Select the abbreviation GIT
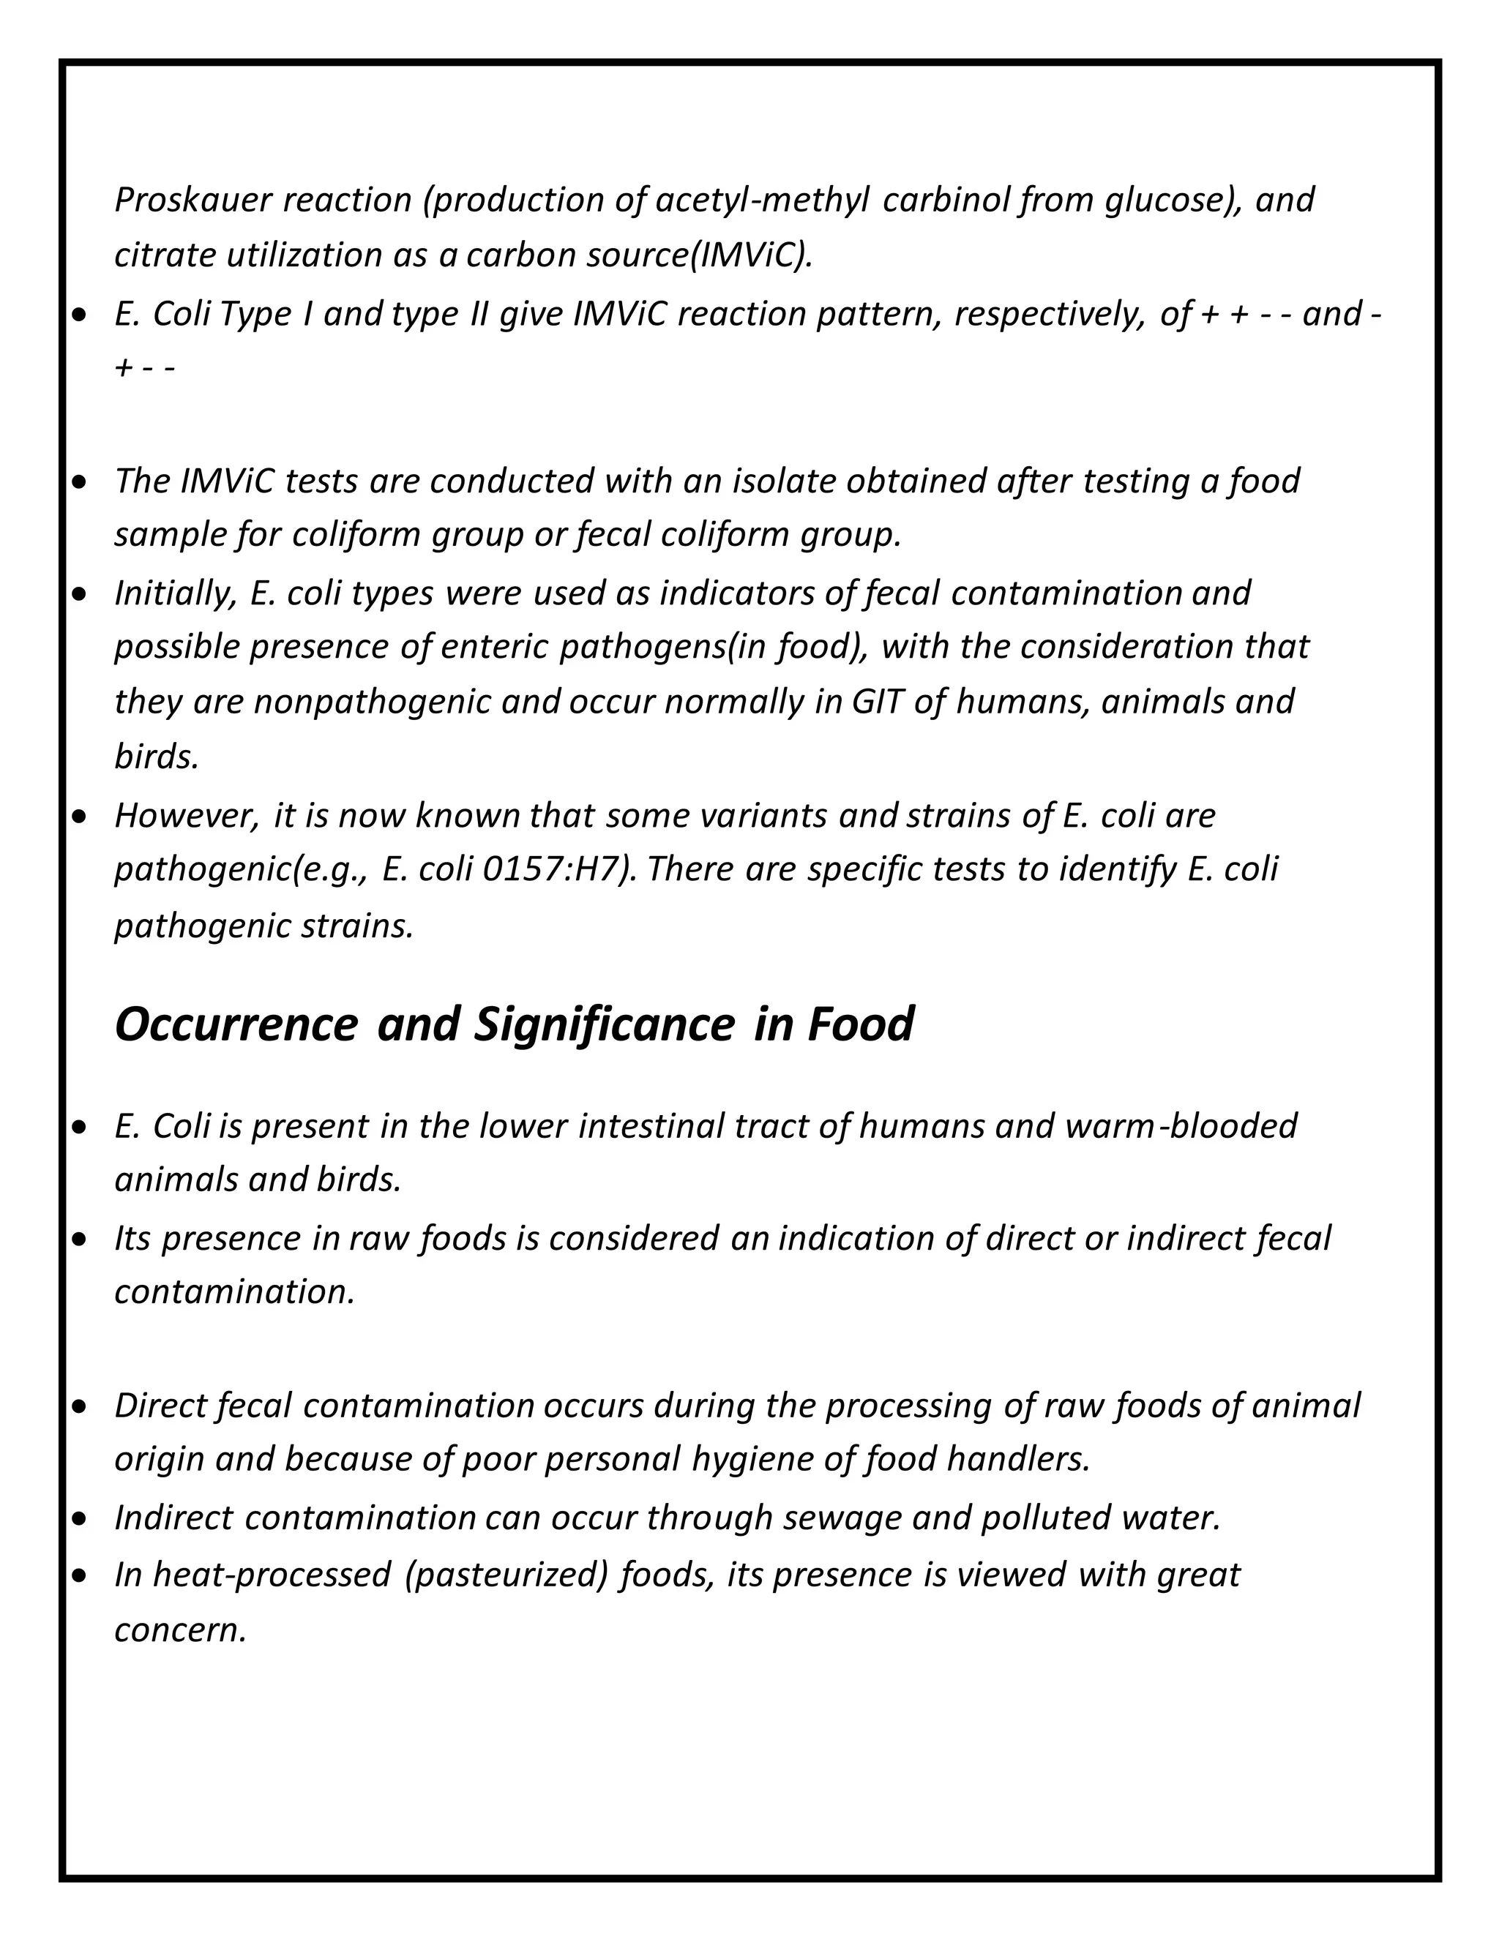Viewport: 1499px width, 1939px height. click(x=876, y=702)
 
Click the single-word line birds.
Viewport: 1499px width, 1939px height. click(x=157, y=757)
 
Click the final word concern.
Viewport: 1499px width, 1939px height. click(x=180, y=1629)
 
